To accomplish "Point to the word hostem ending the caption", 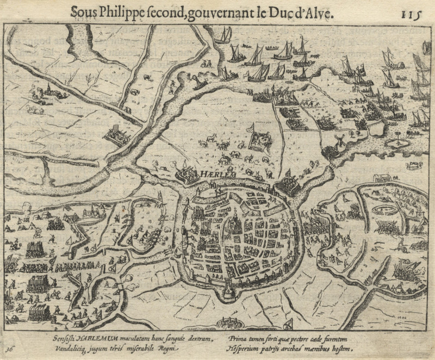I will click(341, 347).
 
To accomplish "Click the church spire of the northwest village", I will click(48, 87).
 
